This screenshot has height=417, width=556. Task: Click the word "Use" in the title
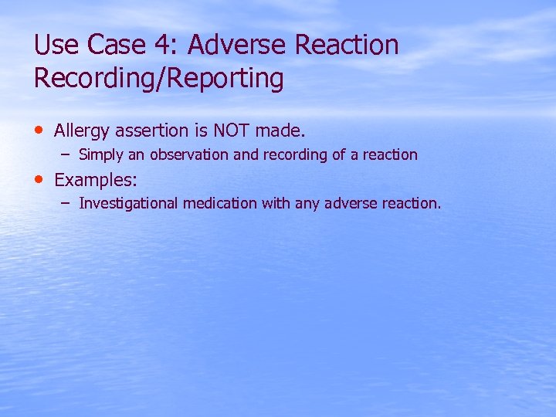tap(56, 46)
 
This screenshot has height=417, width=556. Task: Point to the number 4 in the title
tap(165, 46)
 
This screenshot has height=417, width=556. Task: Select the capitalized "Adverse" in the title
tap(236, 46)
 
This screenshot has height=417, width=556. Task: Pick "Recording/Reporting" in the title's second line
tap(158, 79)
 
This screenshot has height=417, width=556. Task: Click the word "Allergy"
tap(82, 131)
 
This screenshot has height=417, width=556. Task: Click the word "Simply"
tap(101, 154)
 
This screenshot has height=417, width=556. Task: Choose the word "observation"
tap(189, 154)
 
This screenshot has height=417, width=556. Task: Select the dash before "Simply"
tap(66, 153)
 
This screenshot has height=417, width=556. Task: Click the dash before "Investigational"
tap(66, 202)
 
